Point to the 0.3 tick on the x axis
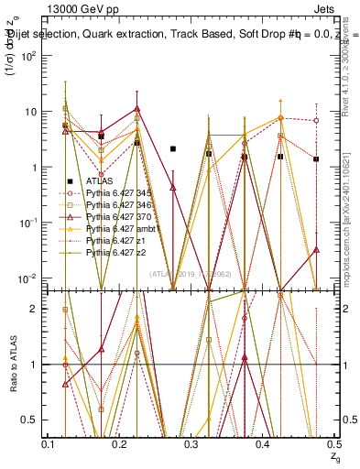191,444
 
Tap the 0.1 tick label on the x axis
49,444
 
